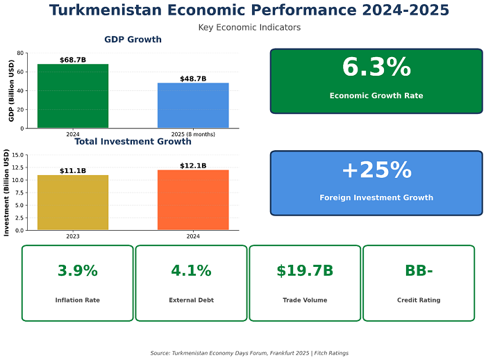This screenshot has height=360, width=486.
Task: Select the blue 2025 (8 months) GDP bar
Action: coord(193,105)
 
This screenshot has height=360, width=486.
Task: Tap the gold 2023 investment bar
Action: coord(73,202)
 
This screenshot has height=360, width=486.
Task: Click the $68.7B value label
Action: coord(73,60)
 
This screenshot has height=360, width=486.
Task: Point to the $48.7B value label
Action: coord(193,79)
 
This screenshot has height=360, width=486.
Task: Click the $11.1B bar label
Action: coord(73,171)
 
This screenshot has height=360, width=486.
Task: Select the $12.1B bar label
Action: coord(193,165)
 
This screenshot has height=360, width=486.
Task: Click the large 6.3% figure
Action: coord(376,67)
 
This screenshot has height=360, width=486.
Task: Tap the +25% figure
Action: coord(376,170)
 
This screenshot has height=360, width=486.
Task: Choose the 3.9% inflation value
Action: coord(78,271)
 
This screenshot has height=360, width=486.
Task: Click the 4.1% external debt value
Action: coord(191,271)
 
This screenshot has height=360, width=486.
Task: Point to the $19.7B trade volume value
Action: coord(305,271)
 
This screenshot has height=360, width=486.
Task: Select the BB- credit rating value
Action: coord(419,271)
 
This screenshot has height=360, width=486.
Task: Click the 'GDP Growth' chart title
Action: coord(133,40)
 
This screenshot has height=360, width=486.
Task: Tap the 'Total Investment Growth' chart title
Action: coord(133,142)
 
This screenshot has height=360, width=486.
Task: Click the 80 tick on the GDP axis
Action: coord(21,53)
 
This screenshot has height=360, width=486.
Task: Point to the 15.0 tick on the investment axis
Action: coord(19,155)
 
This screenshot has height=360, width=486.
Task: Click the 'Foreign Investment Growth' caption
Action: coord(376,197)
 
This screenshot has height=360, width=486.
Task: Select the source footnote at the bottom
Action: coord(249,353)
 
